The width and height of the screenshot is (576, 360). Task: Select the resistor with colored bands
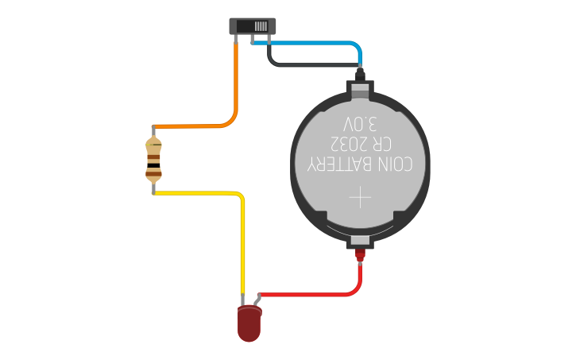click(x=153, y=160)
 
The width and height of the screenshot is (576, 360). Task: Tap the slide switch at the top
click(x=253, y=26)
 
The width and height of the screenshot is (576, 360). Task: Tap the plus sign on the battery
click(x=360, y=197)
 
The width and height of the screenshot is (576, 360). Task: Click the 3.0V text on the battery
click(x=360, y=124)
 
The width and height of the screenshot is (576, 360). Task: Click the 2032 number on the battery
click(x=349, y=144)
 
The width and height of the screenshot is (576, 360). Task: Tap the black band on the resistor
click(x=153, y=165)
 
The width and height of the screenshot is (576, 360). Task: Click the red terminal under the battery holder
click(x=360, y=254)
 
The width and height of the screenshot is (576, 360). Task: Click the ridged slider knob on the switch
click(x=261, y=26)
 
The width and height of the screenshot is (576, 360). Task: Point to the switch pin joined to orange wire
click(x=235, y=39)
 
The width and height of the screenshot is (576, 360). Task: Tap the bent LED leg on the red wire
click(x=257, y=300)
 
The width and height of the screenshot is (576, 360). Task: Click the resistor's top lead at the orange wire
click(x=153, y=131)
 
